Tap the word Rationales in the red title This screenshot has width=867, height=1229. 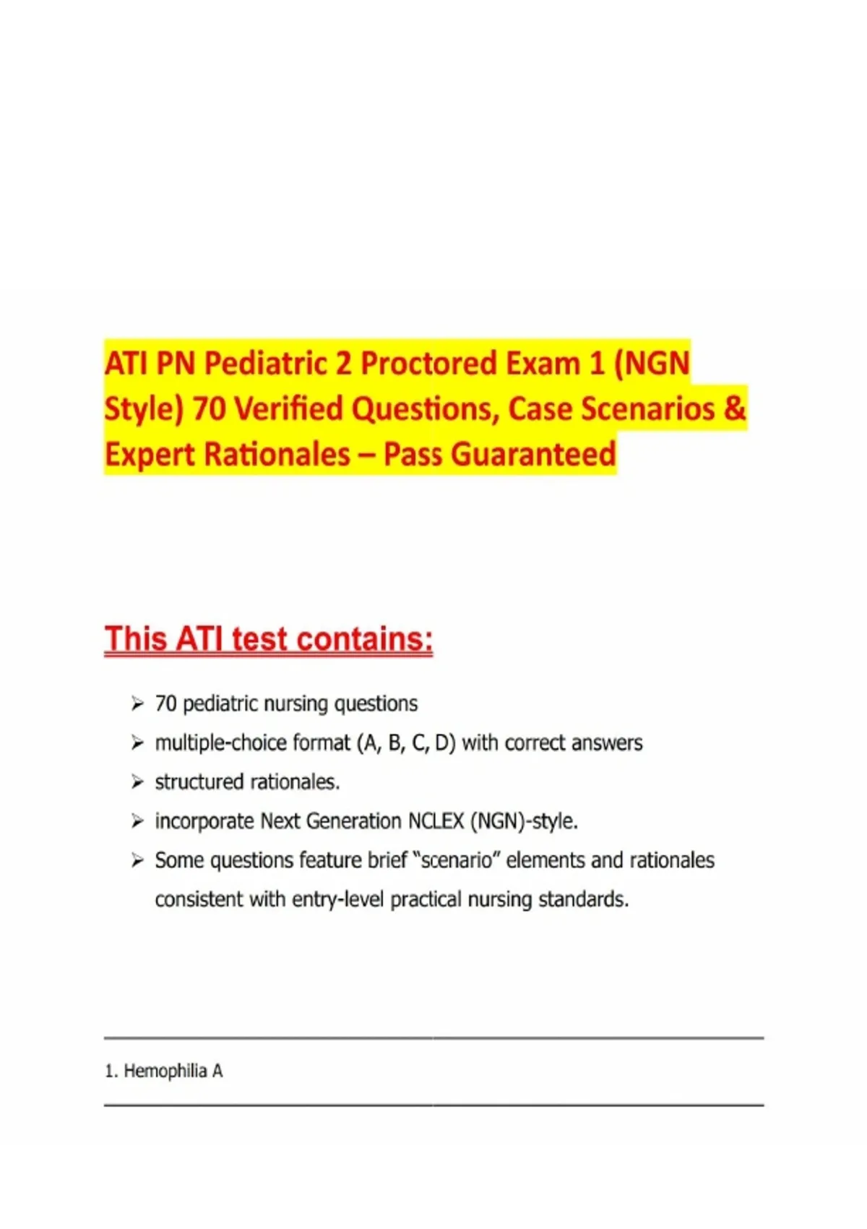click(x=277, y=454)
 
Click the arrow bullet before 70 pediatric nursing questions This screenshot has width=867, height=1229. click(x=137, y=703)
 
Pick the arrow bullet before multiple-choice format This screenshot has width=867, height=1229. click(x=137, y=743)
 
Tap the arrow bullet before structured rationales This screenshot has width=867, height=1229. click(x=137, y=781)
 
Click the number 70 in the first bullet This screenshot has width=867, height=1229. click(x=165, y=703)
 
